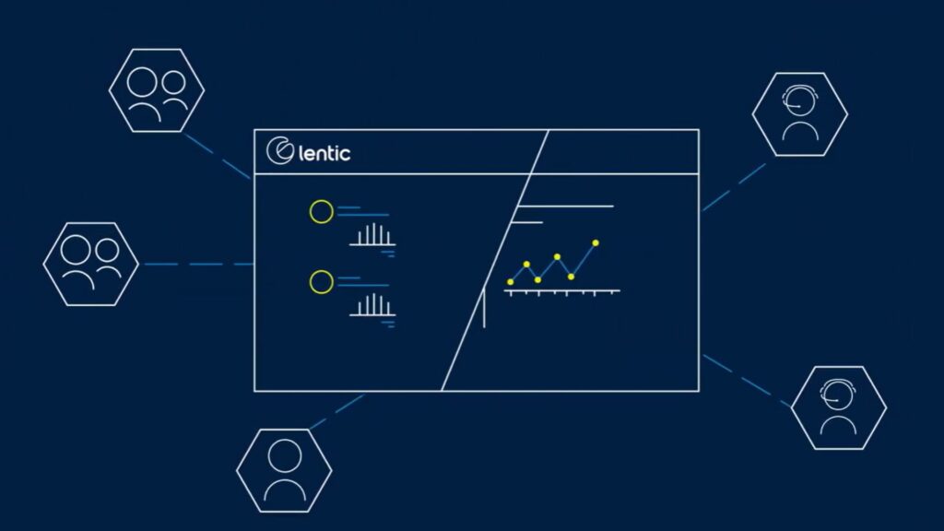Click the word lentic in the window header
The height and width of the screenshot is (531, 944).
[324, 153]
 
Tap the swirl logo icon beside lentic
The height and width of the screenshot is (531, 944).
[280, 150]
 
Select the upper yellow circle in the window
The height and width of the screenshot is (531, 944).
[322, 212]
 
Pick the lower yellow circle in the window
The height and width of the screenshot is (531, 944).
[322, 282]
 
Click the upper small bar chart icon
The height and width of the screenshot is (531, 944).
[372, 235]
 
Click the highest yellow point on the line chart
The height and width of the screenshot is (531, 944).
[596, 243]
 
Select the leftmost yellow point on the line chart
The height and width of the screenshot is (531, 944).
[511, 282]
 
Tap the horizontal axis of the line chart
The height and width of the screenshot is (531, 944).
[561, 291]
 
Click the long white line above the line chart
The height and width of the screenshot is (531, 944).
[565, 206]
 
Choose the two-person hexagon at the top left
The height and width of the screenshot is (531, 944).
[157, 90]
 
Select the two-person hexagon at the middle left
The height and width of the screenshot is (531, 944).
[91, 264]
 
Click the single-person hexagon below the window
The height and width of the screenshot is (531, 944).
[284, 470]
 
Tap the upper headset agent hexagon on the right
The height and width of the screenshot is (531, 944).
[800, 114]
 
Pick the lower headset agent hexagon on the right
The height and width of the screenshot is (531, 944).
[839, 407]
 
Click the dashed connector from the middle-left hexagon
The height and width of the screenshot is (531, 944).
[199, 265]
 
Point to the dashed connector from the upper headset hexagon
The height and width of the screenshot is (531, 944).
[734, 187]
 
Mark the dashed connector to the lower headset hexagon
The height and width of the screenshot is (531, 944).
[747, 381]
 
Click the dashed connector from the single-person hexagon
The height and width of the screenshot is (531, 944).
[337, 412]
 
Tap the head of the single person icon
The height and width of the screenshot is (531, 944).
[284, 455]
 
